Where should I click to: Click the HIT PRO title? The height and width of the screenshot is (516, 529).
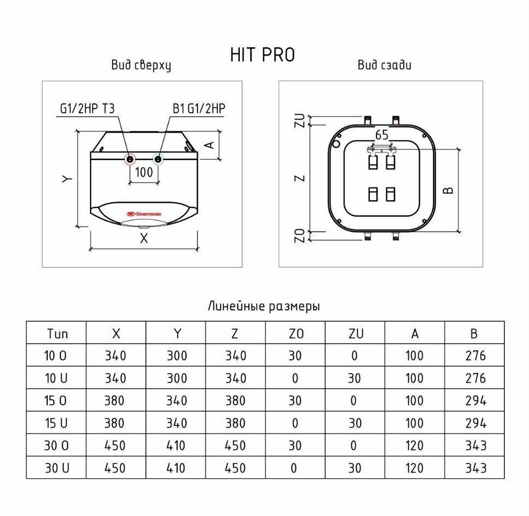point(262,55)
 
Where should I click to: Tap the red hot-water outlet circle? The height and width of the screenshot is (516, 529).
point(130,158)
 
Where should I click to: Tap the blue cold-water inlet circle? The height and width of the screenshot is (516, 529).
point(158,158)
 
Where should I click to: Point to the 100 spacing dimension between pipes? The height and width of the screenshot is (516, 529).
point(144,172)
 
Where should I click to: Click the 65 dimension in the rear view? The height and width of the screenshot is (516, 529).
point(381,135)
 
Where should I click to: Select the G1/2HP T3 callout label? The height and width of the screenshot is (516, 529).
point(87,109)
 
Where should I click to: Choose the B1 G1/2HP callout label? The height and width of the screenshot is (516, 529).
point(199,109)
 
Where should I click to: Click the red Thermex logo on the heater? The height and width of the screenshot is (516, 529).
point(144,214)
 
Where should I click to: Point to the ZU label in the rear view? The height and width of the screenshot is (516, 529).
point(300,121)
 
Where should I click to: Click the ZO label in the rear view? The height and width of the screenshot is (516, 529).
point(300,235)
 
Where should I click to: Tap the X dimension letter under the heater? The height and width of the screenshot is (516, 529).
point(144,239)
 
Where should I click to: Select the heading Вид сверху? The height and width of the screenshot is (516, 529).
point(141,65)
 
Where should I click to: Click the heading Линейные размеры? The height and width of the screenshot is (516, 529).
point(264,307)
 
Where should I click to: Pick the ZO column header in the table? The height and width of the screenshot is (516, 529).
point(296,333)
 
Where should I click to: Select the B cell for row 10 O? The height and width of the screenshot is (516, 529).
point(475,355)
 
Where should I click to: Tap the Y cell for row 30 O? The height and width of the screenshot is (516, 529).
point(176,446)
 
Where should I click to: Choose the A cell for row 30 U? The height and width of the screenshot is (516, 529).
point(414,468)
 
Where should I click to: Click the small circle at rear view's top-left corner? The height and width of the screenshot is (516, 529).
point(336,144)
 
